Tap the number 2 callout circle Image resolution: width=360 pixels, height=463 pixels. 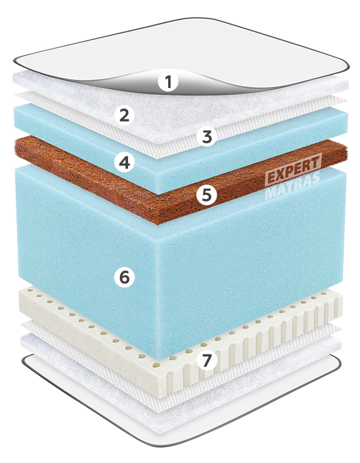click(x=124, y=115)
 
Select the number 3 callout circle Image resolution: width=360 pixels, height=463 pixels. click(x=207, y=137)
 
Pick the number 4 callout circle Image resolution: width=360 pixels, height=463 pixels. click(x=125, y=162)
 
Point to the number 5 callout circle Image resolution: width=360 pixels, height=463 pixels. click(x=207, y=194)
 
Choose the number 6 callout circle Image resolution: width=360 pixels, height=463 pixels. click(x=124, y=277)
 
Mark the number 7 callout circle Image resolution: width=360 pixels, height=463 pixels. click(x=207, y=360)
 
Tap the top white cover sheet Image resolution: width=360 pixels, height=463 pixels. click(x=177, y=50)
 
